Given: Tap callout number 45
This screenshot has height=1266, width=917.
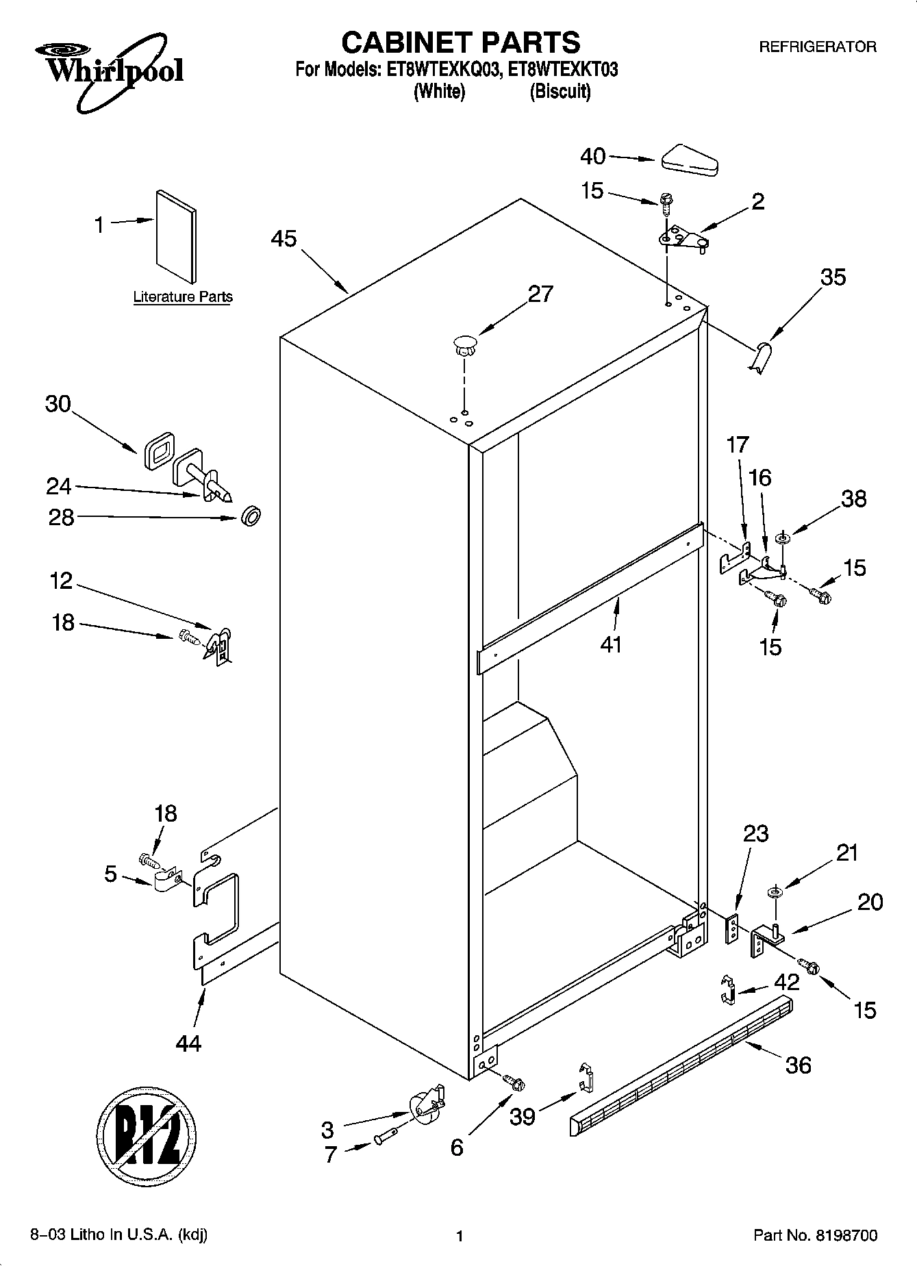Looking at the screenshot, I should (284, 239).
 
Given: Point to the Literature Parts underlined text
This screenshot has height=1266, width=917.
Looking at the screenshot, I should (182, 297).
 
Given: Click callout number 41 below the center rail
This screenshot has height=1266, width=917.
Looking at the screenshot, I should (610, 644).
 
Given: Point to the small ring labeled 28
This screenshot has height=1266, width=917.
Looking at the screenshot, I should (251, 516).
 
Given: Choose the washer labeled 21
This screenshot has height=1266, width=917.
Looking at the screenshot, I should (775, 891).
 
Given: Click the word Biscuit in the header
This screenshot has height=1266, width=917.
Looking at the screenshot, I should (560, 91).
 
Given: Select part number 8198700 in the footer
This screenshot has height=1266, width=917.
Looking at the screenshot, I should (846, 1236).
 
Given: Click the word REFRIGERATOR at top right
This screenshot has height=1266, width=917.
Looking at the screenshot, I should (818, 47).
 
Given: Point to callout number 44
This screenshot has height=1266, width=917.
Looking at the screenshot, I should (188, 1043).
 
